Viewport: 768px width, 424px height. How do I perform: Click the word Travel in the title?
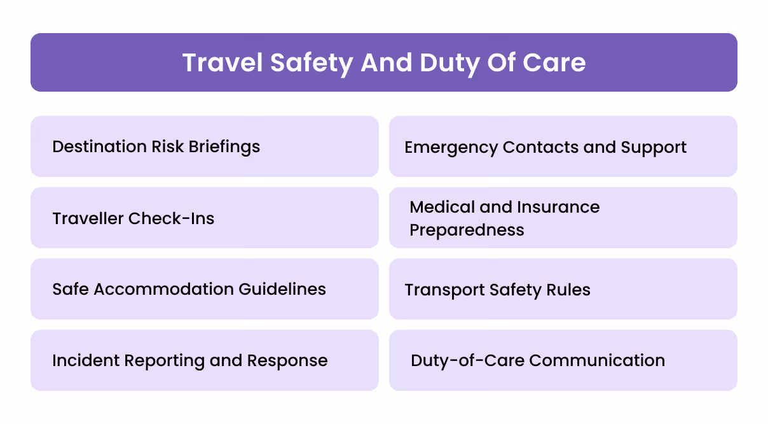(222, 63)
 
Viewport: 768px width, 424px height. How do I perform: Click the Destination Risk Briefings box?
(204, 146)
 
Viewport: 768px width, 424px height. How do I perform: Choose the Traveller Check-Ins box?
(204, 218)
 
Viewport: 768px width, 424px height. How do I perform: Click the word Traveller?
(88, 218)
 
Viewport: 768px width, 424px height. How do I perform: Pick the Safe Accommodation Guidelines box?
(204, 289)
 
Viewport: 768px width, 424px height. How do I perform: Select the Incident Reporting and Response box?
(204, 360)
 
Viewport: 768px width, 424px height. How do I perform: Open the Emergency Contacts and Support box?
(563, 146)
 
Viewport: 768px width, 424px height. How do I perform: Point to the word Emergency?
(451, 147)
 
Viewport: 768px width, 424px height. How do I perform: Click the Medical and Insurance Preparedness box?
(563, 218)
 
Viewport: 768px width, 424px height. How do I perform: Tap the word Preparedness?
(467, 230)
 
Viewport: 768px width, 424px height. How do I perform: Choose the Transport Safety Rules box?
(563, 289)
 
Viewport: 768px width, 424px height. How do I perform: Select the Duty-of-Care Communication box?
(563, 360)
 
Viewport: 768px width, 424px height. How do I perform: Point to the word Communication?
(597, 360)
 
